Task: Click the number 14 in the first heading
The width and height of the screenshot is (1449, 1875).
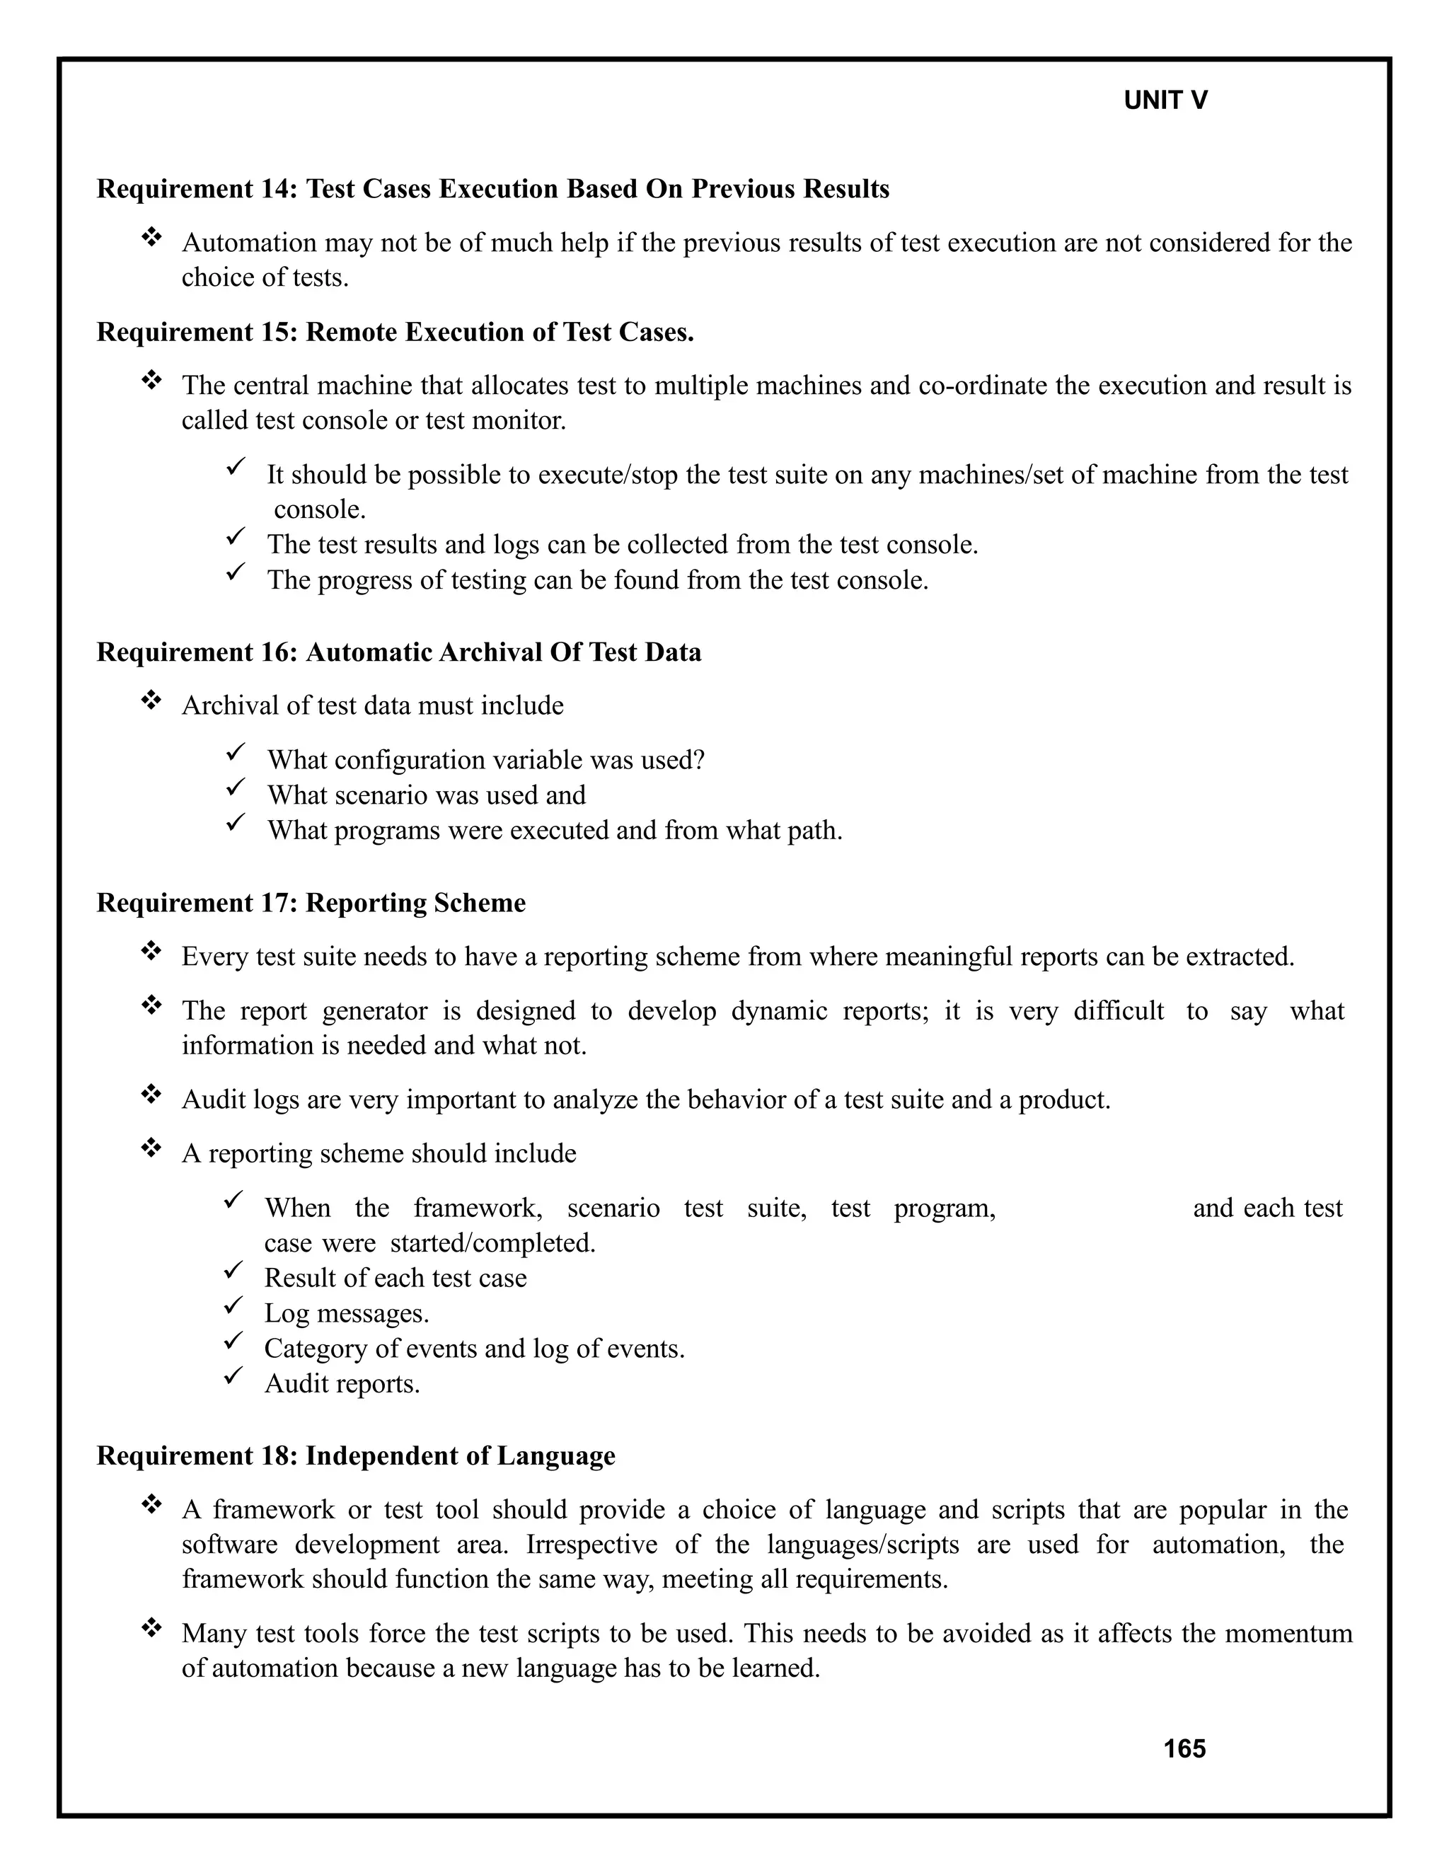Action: pos(277,189)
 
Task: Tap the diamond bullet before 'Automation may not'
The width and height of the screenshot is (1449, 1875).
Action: pos(151,236)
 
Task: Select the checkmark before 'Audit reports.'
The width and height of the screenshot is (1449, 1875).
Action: pos(233,1376)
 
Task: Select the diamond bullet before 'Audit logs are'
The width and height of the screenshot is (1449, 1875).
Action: pos(151,1093)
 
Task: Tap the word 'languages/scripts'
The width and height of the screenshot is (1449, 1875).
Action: pos(862,1545)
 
